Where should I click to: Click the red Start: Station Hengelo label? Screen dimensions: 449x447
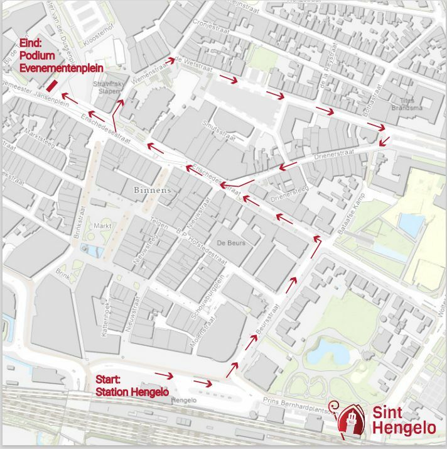click(132, 385)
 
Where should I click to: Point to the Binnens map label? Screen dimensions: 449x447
click(152, 189)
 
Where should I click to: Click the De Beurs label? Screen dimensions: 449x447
click(230, 243)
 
